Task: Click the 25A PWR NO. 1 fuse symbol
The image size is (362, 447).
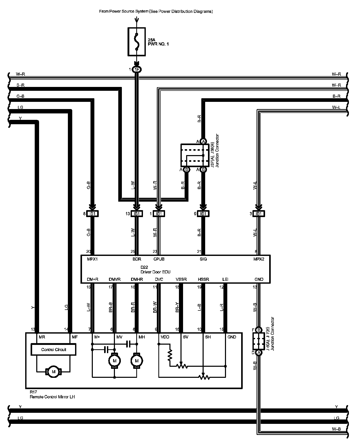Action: tap(137, 41)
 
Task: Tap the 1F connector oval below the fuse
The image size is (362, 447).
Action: tap(137, 69)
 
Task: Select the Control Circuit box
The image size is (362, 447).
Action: tap(53, 350)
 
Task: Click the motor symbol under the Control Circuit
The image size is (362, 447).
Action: tap(53, 372)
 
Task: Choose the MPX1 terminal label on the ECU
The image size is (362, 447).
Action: tap(92, 259)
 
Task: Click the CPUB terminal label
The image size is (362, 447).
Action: tap(159, 259)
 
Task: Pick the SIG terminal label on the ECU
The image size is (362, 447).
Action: tap(203, 259)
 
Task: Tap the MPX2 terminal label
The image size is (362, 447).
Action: tap(259, 259)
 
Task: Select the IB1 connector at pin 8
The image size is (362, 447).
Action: tap(92, 214)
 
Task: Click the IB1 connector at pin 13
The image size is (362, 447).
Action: tap(137, 214)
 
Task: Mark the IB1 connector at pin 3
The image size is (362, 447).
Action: tap(259, 214)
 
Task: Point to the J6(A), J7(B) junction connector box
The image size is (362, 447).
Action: tap(259, 341)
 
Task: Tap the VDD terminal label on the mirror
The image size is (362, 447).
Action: tap(165, 337)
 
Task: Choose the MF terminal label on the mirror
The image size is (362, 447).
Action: tap(75, 337)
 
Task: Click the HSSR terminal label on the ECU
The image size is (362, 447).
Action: tap(203, 279)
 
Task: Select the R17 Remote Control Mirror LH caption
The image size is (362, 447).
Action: tap(52, 395)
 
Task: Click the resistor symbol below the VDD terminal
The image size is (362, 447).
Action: tap(170, 356)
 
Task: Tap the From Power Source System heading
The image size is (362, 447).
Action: tap(156, 11)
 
